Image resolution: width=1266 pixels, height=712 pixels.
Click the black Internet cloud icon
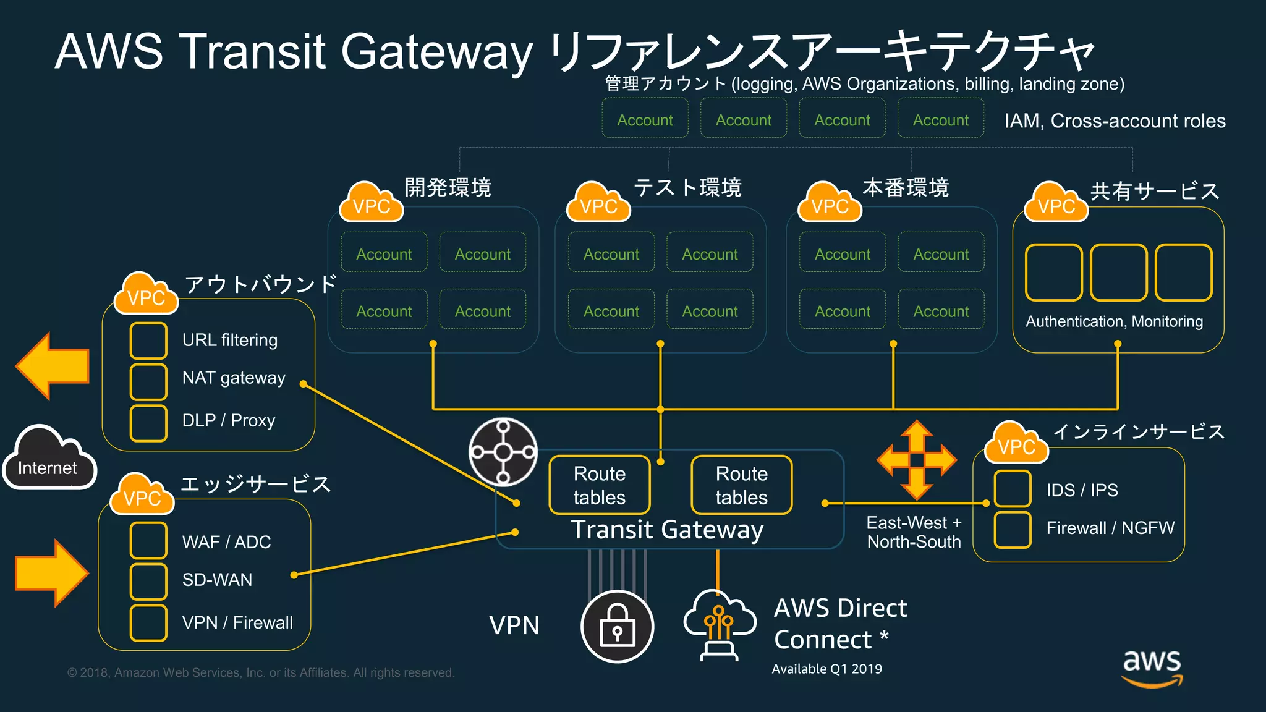pyautogui.click(x=49, y=458)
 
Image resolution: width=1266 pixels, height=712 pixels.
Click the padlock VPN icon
pyautogui.click(x=617, y=627)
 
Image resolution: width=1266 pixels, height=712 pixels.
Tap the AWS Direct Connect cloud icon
pyautogui.click(x=720, y=624)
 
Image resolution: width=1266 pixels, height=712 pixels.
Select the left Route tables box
pyautogui.click(x=599, y=485)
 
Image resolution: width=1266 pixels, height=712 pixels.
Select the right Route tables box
pyautogui.click(x=741, y=485)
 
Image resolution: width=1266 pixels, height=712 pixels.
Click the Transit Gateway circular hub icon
pyautogui.click(x=503, y=452)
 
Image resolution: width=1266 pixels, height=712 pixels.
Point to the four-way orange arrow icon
pyautogui.click(x=916, y=460)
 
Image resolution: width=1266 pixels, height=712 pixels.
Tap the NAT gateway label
pyautogui.click(x=234, y=378)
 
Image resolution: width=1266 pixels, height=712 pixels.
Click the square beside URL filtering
pyautogui.click(x=148, y=341)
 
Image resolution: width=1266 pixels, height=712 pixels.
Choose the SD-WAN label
pyautogui.click(x=217, y=580)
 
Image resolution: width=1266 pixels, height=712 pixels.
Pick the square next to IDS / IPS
pyautogui.click(x=1012, y=489)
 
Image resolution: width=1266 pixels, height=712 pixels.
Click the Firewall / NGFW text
pyautogui.click(x=1110, y=528)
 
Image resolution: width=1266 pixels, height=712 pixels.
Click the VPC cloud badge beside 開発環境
pyautogui.click(x=371, y=203)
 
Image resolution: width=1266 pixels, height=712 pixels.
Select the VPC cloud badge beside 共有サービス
pyautogui.click(x=1056, y=203)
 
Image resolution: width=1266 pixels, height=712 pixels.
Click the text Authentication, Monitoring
pyautogui.click(x=1114, y=321)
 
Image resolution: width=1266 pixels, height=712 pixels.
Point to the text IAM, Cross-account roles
pyautogui.click(x=1115, y=121)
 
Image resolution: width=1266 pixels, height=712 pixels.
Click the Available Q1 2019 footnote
pyautogui.click(x=826, y=669)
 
